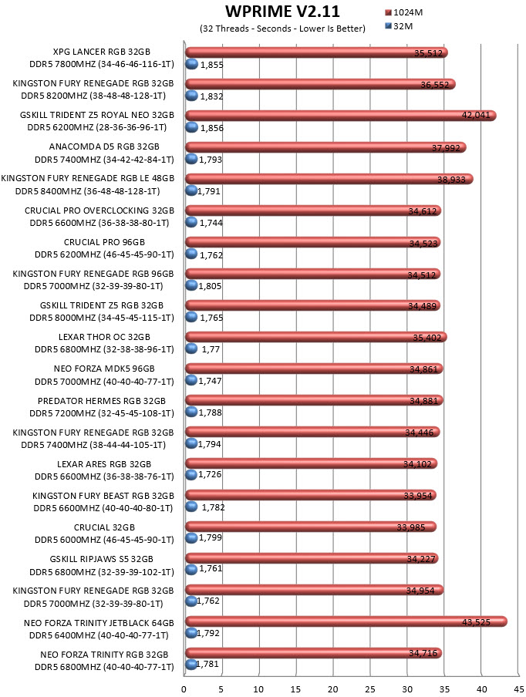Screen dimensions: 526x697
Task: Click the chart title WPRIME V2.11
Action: pyautogui.click(x=282, y=11)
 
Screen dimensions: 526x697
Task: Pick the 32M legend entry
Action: pyautogui.click(x=399, y=26)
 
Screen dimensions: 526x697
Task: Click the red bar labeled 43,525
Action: pyautogui.click(x=346, y=621)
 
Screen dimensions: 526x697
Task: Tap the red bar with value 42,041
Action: pyautogui.click(x=341, y=115)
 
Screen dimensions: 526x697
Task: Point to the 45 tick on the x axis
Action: pyautogui.click(x=518, y=689)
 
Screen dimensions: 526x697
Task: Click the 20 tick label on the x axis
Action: pyautogui.click(x=332, y=689)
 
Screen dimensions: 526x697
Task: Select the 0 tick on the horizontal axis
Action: pyautogui.click(x=184, y=689)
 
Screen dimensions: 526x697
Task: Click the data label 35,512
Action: pyautogui.click(x=428, y=53)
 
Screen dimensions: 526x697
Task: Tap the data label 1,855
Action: pyautogui.click(x=211, y=65)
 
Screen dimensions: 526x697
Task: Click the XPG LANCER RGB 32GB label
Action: pyautogui.click(x=101, y=52)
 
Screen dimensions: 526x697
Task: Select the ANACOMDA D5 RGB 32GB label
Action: pyautogui.click(x=104, y=146)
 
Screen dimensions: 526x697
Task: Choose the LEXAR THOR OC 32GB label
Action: pyautogui.click(x=104, y=337)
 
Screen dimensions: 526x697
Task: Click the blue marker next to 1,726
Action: pyautogui.click(x=191, y=475)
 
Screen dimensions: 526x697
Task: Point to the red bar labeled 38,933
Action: pyautogui.click(x=329, y=179)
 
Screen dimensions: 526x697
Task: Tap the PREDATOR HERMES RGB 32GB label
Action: pyautogui.click(x=101, y=401)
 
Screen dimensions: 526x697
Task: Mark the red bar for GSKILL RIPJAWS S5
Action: pyautogui.click(x=312, y=558)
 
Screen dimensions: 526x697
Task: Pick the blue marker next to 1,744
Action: pyautogui.click(x=191, y=222)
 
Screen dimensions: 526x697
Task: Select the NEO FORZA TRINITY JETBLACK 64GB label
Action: pyautogui.click(x=99, y=623)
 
